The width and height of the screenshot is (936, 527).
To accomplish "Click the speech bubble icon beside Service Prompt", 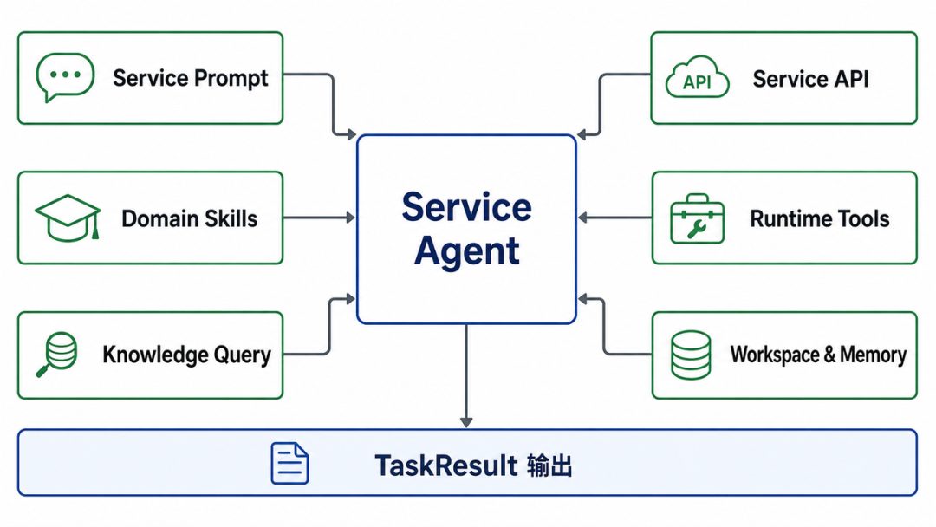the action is (x=65, y=77).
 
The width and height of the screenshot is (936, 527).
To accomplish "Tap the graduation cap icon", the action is (x=68, y=218).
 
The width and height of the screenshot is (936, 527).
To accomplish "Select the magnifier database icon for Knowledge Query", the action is (x=57, y=355).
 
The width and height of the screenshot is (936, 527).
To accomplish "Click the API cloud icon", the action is (x=697, y=77).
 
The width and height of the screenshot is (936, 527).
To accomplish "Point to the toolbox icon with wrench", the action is (x=697, y=218).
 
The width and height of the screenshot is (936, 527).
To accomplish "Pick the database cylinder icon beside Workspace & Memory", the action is (x=691, y=355).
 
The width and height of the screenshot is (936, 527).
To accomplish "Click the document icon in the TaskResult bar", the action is (x=290, y=463).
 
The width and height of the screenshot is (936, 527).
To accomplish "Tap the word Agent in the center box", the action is (x=467, y=251).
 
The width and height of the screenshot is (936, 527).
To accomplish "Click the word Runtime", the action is (x=782, y=218).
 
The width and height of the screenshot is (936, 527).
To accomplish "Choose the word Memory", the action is (x=874, y=355).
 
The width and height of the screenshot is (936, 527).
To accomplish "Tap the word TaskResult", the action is (x=446, y=465).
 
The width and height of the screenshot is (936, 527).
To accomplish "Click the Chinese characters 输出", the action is (x=549, y=465).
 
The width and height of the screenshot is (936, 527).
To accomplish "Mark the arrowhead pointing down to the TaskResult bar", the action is (x=466, y=422).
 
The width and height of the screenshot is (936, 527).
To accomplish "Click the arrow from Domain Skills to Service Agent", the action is (x=319, y=218).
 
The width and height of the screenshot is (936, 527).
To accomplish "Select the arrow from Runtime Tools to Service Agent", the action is (x=614, y=218).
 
